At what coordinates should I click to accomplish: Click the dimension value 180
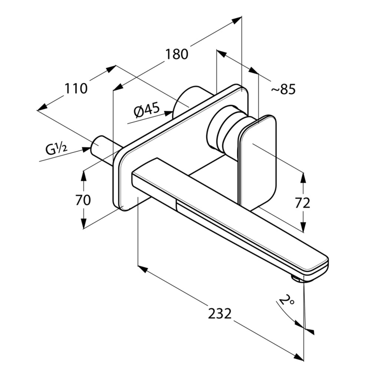coord(177,54)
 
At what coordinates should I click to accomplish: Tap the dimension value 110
coord(76,88)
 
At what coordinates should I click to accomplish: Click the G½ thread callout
coord(56,149)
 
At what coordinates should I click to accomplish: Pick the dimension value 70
coord(83,200)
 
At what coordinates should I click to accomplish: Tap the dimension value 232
coord(220,314)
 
